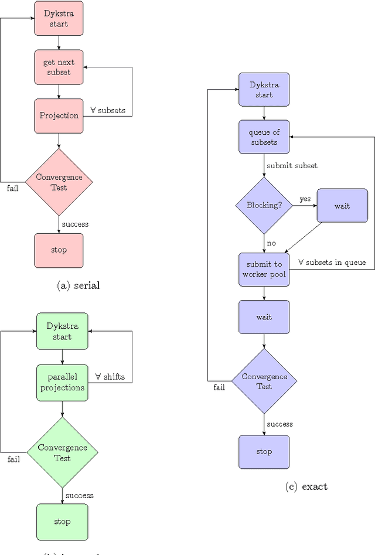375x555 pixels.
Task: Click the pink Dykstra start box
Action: click(x=59, y=18)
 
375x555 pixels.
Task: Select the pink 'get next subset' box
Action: click(x=59, y=67)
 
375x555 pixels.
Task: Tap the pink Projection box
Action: click(x=59, y=115)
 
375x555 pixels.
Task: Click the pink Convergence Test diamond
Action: click(x=59, y=182)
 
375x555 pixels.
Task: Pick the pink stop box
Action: click(x=59, y=250)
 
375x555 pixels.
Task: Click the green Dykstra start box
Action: click(x=62, y=331)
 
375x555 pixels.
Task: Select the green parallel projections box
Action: click(x=62, y=382)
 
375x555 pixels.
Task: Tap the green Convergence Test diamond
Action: click(x=62, y=452)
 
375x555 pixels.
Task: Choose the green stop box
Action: click(x=62, y=522)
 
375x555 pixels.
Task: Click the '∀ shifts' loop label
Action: click(x=110, y=376)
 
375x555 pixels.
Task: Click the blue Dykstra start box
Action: click(x=264, y=89)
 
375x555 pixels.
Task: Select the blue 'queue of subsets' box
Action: click(x=264, y=137)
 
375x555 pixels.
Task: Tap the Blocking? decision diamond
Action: click(x=264, y=206)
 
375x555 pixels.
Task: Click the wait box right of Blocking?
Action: click(x=342, y=206)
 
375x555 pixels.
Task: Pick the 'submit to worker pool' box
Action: click(x=264, y=269)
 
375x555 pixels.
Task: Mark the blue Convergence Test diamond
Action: click(x=264, y=382)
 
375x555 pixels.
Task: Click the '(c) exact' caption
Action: click(x=306, y=486)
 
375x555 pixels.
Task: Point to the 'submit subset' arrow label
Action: click(x=292, y=166)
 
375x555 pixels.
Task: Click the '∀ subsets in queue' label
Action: click(x=332, y=262)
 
